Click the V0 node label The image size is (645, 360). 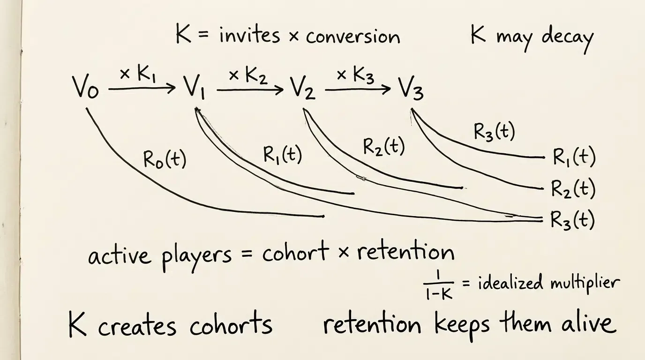(85, 88)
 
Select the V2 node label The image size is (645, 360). (303, 88)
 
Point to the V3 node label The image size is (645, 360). (411, 88)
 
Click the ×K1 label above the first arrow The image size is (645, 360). (138, 75)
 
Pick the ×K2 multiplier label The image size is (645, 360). (248, 76)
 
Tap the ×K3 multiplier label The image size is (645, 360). (356, 76)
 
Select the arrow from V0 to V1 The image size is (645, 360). (142, 88)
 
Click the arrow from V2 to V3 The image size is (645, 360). (358, 90)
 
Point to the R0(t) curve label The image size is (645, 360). (165, 159)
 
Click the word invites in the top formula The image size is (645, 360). (249, 36)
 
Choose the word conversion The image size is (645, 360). (353, 37)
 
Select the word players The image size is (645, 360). (196, 257)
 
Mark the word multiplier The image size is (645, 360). (585, 284)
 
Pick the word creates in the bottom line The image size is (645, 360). (137, 327)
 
